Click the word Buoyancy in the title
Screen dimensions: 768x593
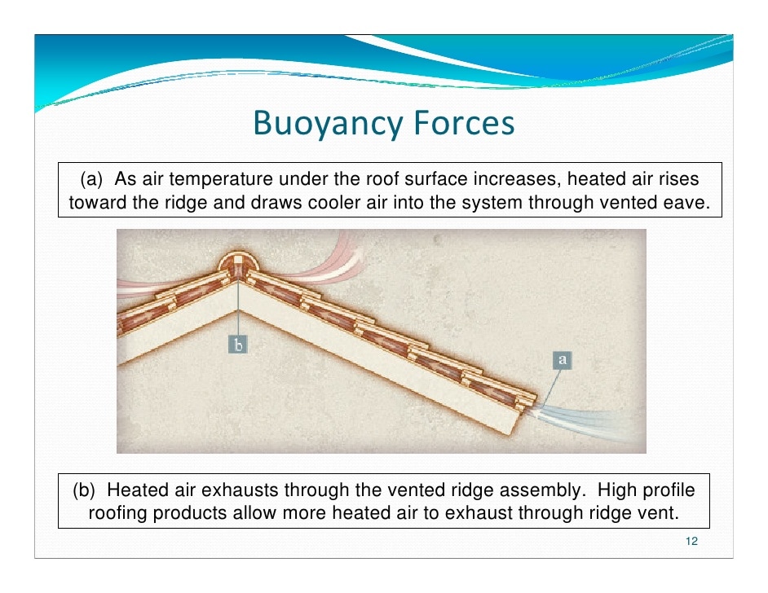pos(328,123)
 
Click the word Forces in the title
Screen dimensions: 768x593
pos(464,122)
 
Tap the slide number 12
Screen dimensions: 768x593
pos(691,541)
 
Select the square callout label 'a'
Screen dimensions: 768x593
pos(563,360)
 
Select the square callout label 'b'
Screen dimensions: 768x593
pos(238,345)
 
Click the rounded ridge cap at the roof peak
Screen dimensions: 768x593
pos(238,264)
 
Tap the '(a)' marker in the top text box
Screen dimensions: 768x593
pos(91,179)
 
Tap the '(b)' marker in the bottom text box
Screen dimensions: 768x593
pos(84,490)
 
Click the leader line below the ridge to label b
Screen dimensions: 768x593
pos(238,307)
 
